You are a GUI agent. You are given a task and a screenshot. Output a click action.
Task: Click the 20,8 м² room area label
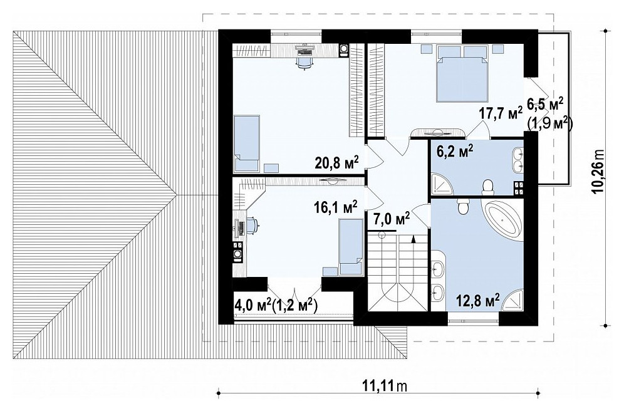click(x=337, y=163)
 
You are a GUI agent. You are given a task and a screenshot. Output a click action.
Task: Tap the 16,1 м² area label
click(x=335, y=207)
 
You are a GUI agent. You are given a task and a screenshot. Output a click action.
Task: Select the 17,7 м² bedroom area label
click(x=500, y=113)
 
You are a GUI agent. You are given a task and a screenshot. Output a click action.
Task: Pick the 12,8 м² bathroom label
click(x=478, y=300)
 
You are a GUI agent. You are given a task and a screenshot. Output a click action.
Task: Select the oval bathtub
click(x=501, y=220)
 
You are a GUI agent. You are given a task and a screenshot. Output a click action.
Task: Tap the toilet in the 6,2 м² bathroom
click(x=487, y=187)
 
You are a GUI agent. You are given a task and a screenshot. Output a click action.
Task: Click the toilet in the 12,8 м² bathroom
click(x=463, y=205)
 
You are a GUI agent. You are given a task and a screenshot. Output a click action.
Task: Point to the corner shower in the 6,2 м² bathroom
click(x=442, y=183)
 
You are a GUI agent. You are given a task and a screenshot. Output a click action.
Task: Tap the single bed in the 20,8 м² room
click(x=247, y=143)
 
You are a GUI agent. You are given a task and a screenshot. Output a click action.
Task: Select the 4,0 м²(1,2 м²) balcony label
click(x=276, y=306)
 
